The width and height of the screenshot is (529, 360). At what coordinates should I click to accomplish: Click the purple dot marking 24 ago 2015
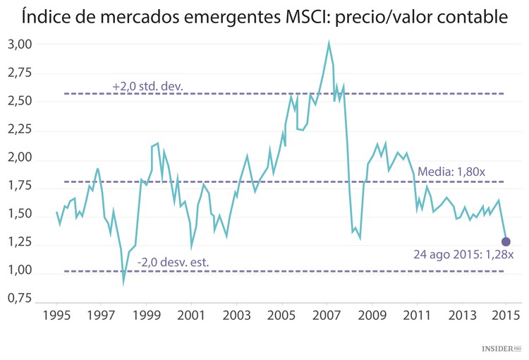click(506, 242)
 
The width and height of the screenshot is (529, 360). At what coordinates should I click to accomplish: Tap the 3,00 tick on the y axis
click(20, 44)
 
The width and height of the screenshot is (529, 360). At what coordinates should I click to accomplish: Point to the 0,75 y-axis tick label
click(20, 299)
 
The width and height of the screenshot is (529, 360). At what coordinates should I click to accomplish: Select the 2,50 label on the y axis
click(20, 101)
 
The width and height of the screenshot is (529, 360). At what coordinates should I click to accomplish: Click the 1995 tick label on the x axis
click(56, 314)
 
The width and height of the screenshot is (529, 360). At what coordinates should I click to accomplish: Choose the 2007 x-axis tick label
click(327, 314)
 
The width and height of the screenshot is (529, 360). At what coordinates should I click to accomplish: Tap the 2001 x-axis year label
click(191, 314)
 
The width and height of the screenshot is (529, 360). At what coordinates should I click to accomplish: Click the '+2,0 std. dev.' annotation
click(147, 86)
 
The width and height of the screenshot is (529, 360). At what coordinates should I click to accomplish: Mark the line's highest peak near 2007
click(329, 42)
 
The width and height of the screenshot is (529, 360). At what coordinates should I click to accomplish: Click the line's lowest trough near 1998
click(123, 282)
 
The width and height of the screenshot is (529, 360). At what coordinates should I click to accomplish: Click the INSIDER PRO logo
click(501, 349)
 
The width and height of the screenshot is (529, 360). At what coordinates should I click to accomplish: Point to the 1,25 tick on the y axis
click(20, 242)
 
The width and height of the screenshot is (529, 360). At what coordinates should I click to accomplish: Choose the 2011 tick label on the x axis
click(417, 314)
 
